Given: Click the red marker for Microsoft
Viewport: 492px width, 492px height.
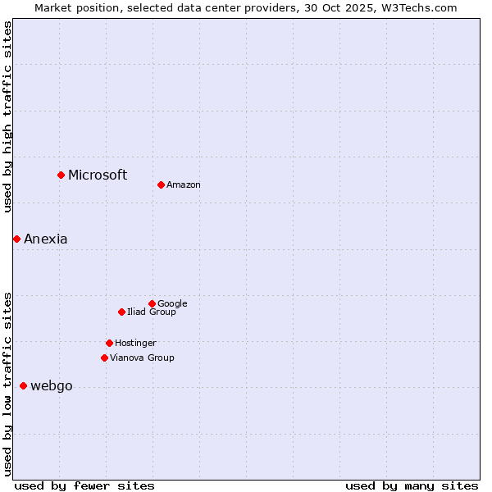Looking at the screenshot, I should [61, 175].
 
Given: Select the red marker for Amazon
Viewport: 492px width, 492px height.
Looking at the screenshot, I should [161, 184].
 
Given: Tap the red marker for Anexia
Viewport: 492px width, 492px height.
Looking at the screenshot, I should [16, 239].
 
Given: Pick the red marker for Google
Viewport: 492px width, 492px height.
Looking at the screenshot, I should [152, 303].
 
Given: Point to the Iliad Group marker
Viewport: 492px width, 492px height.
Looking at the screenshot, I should [121, 312].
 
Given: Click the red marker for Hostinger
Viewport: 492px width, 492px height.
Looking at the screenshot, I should [109, 343].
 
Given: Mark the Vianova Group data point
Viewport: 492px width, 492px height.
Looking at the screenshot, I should [104, 358].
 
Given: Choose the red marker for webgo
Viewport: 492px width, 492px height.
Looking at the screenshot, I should [23, 385].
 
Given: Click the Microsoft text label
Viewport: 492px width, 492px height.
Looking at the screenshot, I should [98, 175].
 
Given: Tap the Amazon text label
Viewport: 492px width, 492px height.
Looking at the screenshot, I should [184, 185].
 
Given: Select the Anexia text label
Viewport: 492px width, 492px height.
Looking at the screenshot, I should [46, 239].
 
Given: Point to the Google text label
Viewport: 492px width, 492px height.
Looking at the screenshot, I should [172, 304].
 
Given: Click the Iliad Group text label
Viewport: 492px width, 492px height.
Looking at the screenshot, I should [152, 312].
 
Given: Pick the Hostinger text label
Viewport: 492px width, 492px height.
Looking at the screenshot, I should [135, 344].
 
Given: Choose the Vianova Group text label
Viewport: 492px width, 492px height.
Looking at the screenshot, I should [142, 358].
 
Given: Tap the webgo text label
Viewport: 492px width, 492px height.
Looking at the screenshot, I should [52, 386].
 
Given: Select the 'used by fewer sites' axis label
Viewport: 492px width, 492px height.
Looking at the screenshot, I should [84, 485].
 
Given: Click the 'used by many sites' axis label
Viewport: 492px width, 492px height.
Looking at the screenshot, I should [412, 485].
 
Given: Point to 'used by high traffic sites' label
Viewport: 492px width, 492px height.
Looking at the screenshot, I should [7, 116].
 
